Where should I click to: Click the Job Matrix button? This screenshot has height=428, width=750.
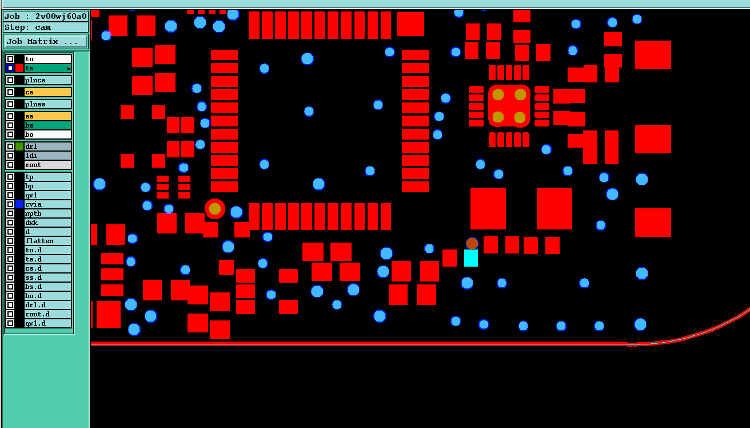click(x=46, y=42)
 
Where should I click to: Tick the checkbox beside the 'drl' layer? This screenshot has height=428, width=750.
click(x=10, y=146)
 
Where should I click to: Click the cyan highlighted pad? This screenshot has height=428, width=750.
click(x=471, y=258)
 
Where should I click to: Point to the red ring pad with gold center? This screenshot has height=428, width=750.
click(x=215, y=209)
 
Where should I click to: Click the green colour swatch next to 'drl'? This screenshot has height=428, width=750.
click(x=19, y=146)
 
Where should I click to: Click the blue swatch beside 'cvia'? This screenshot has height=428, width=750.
click(x=19, y=204)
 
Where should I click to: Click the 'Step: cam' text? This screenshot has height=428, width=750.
click(x=27, y=27)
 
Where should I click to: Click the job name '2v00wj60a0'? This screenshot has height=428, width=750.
click(x=61, y=16)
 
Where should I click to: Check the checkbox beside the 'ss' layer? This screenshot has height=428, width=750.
click(x=10, y=116)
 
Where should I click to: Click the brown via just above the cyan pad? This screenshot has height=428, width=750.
click(x=472, y=244)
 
